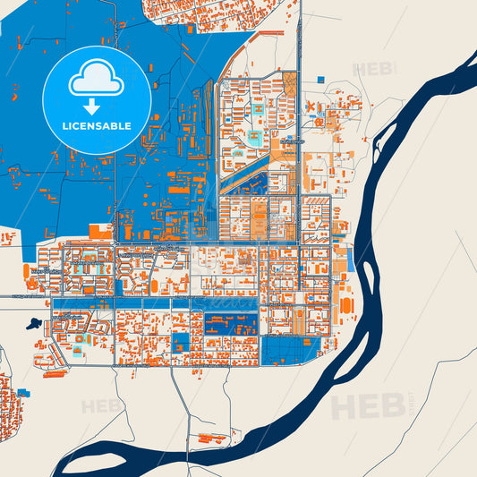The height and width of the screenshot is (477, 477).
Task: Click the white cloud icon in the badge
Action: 97,81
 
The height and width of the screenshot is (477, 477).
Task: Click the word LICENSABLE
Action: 97,126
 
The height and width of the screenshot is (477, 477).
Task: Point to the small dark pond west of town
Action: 33,324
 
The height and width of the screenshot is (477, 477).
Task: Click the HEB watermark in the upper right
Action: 374,69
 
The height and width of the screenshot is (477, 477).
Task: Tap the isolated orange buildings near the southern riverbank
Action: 213,439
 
